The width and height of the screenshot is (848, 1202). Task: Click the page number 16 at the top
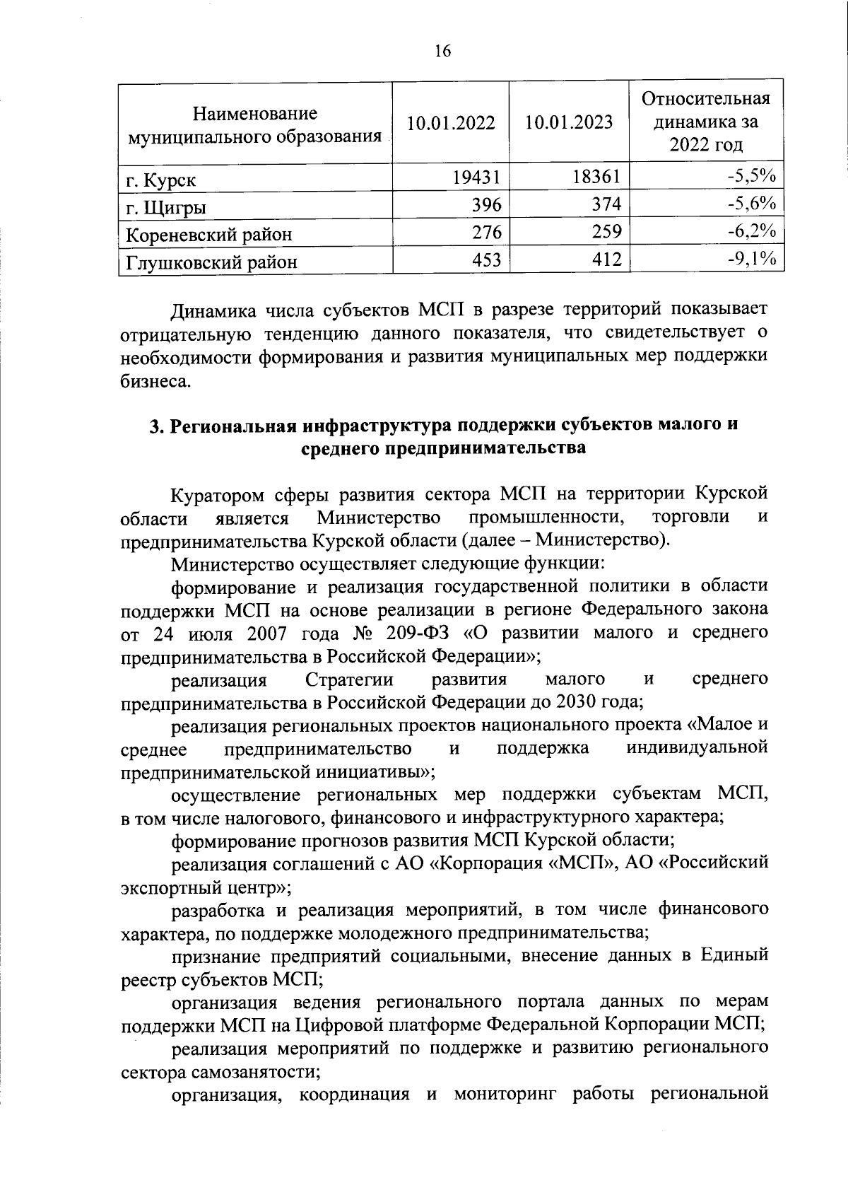pos(442,50)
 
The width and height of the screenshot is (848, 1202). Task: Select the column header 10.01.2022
pos(451,122)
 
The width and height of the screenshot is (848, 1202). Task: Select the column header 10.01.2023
pos(569,122)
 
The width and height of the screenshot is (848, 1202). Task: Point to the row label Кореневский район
pos(208,234)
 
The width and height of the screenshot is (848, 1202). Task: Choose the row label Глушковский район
pos(211,262)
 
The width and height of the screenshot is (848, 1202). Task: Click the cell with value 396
pos(487,204)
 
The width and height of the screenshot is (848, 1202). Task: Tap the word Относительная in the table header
pos(705,99)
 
